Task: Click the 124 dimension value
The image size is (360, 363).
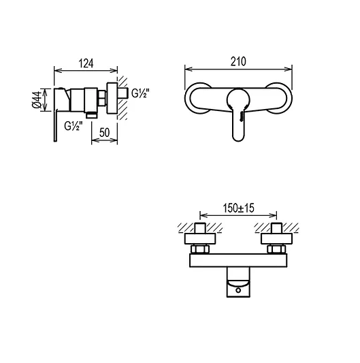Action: coord(85,63)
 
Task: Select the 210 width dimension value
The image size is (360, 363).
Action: coord(238,61)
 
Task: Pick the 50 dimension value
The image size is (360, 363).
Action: coord(105,133)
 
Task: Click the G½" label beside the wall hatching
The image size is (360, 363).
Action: coord(141,93)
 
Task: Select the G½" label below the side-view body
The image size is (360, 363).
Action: coord(75,126)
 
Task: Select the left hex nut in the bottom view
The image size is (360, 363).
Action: coord(201,238)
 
